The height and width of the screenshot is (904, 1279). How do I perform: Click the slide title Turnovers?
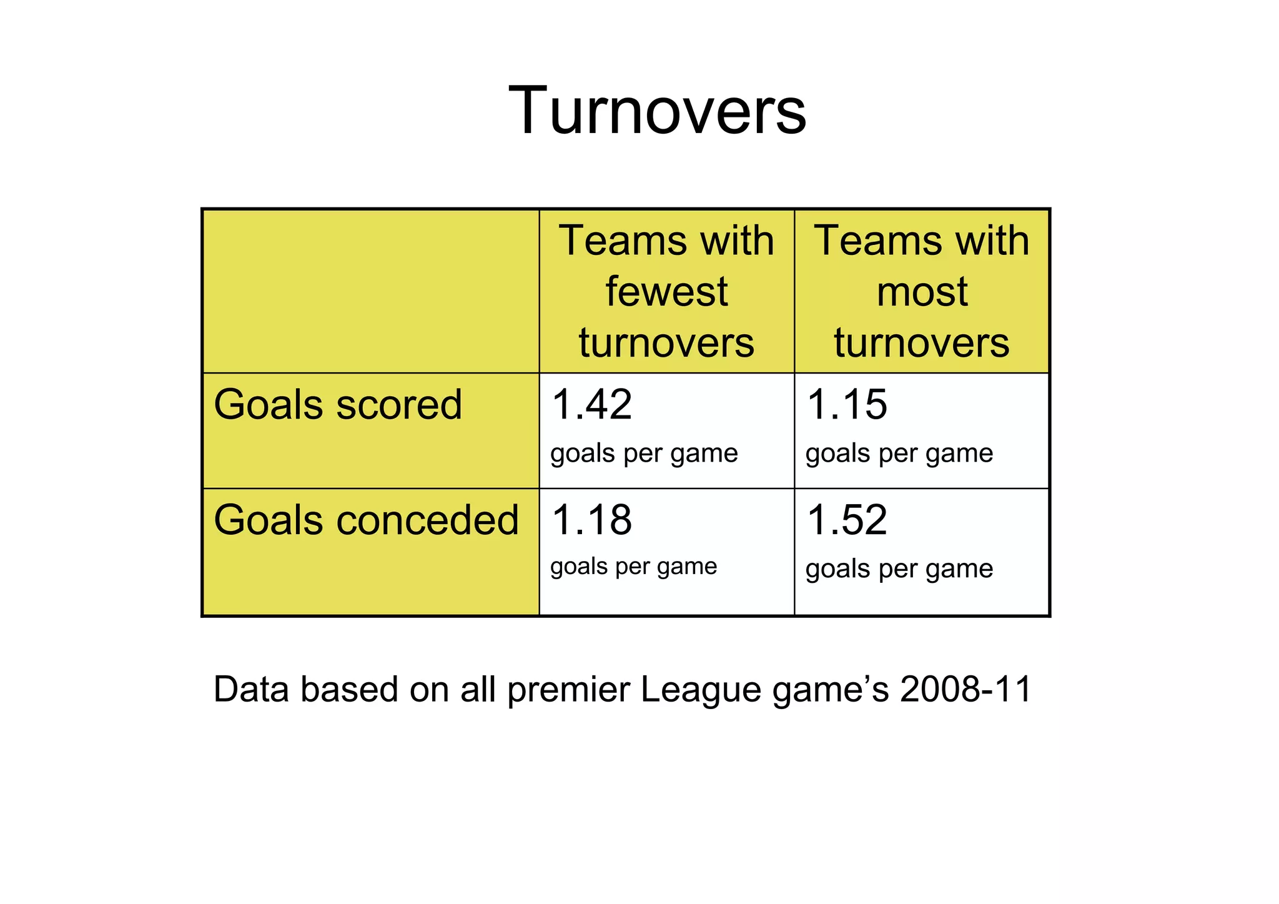[x=657, y=111]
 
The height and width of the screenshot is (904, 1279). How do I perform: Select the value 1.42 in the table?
[x=591, y=404]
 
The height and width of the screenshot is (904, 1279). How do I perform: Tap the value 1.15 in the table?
[x=846, y=404]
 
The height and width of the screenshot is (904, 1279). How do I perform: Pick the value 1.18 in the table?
[x=591, y=520]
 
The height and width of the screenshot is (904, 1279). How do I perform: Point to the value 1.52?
[x=846, y=520]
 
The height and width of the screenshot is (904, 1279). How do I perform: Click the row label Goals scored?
[x=338, y=405]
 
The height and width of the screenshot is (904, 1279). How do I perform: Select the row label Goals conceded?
[x=366, y=520]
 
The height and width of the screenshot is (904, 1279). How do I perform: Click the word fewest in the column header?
[x=666, y=292]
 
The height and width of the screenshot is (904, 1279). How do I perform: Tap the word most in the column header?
[x=922, y=292]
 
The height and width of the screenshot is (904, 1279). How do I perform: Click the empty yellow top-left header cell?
[x=371, y=291]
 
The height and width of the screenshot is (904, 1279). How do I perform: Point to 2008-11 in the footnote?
[x=965, y=690]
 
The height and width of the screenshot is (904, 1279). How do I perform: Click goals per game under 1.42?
[x=644, y=454]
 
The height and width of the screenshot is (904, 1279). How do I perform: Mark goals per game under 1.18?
[x=633, y=567]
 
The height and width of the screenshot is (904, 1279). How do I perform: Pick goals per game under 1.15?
[x=899, y=454]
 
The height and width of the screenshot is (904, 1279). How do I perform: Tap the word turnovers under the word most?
[x=922, y=343]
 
